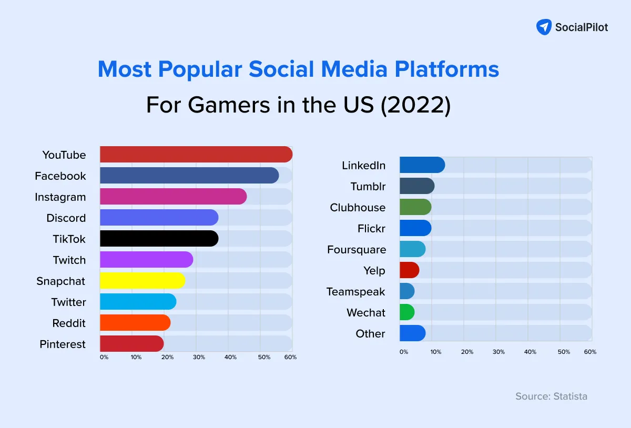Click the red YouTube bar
[x=196, y=155]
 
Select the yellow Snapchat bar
[x=142, y=281]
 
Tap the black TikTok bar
[x=159, y=239]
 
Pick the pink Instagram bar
[x=173, y=197]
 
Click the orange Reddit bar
[x=135, y=323]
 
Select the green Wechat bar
[x=407, y=312]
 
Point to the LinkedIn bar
[x=422, y=165]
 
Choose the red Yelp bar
[x=409, y=270]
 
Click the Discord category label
[x=66, y=218]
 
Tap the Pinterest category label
[x=63, y=344]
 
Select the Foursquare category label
[x=357, y=250]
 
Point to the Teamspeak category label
[x=355, y=292]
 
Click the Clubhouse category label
[x=358, y=208]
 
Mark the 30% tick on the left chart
[x=199, y=358]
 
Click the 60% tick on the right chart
[x=590, y=352]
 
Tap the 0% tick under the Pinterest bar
[x=104, y=358]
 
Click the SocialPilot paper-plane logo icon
[x=544, y=27]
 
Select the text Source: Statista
[x=551, y=396]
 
